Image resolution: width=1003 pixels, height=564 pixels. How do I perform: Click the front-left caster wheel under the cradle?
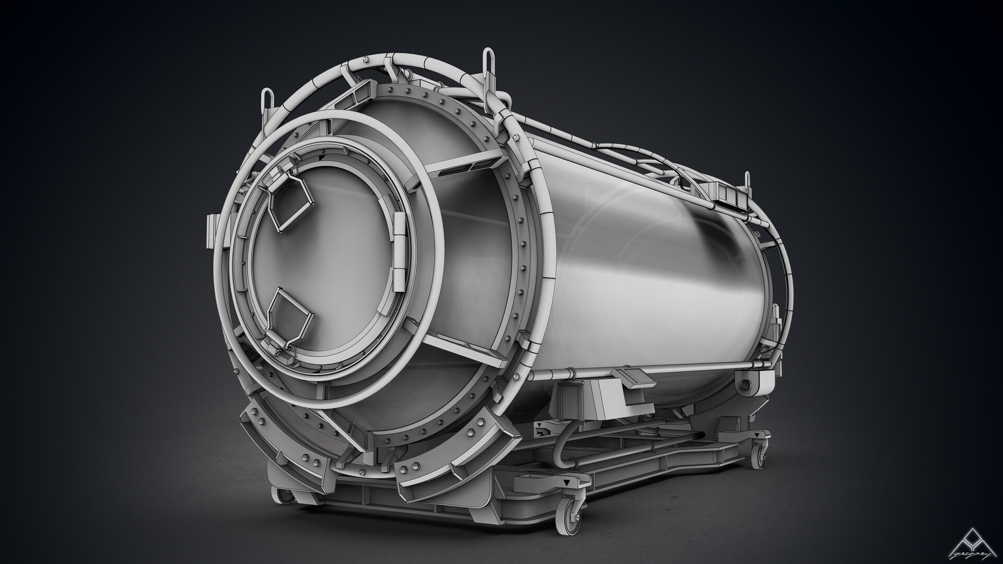285,494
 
